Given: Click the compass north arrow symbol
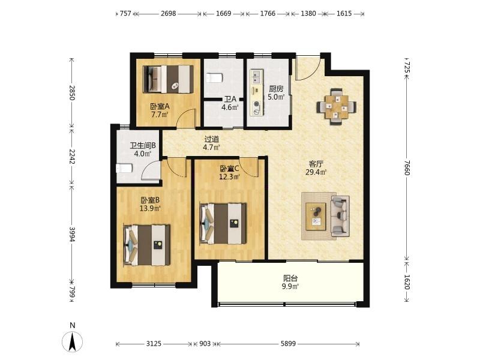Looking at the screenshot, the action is coord(72,341).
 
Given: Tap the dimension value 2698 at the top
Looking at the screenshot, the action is coord(169,13).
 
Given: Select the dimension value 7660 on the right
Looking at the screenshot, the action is coord(407,168).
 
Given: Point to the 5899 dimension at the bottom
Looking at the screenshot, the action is coord(288,344).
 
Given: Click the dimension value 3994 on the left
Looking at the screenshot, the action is coord(72,234).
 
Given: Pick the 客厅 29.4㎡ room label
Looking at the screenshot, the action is coord(316,168).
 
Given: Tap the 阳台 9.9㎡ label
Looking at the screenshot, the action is coord(290,282).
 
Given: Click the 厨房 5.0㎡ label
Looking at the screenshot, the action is coord(276,93).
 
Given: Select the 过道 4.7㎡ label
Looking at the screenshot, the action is coord(212,143).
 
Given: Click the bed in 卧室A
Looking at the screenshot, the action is coord(169,79).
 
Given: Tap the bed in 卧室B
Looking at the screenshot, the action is coord(146,245).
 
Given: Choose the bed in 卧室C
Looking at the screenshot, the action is coord(223,223).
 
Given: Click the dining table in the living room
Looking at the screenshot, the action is coord(337,107).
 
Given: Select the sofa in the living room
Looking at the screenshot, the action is coord(340,216).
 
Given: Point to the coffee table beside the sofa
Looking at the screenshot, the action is coord(316,217).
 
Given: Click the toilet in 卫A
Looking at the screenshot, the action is coord(214,78).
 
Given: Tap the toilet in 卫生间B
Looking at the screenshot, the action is coord(124,168).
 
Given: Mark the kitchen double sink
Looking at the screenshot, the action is coord(257,77).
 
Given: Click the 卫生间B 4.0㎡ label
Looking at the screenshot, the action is coord(143,149).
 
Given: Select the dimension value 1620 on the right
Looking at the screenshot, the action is coord(407,282).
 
